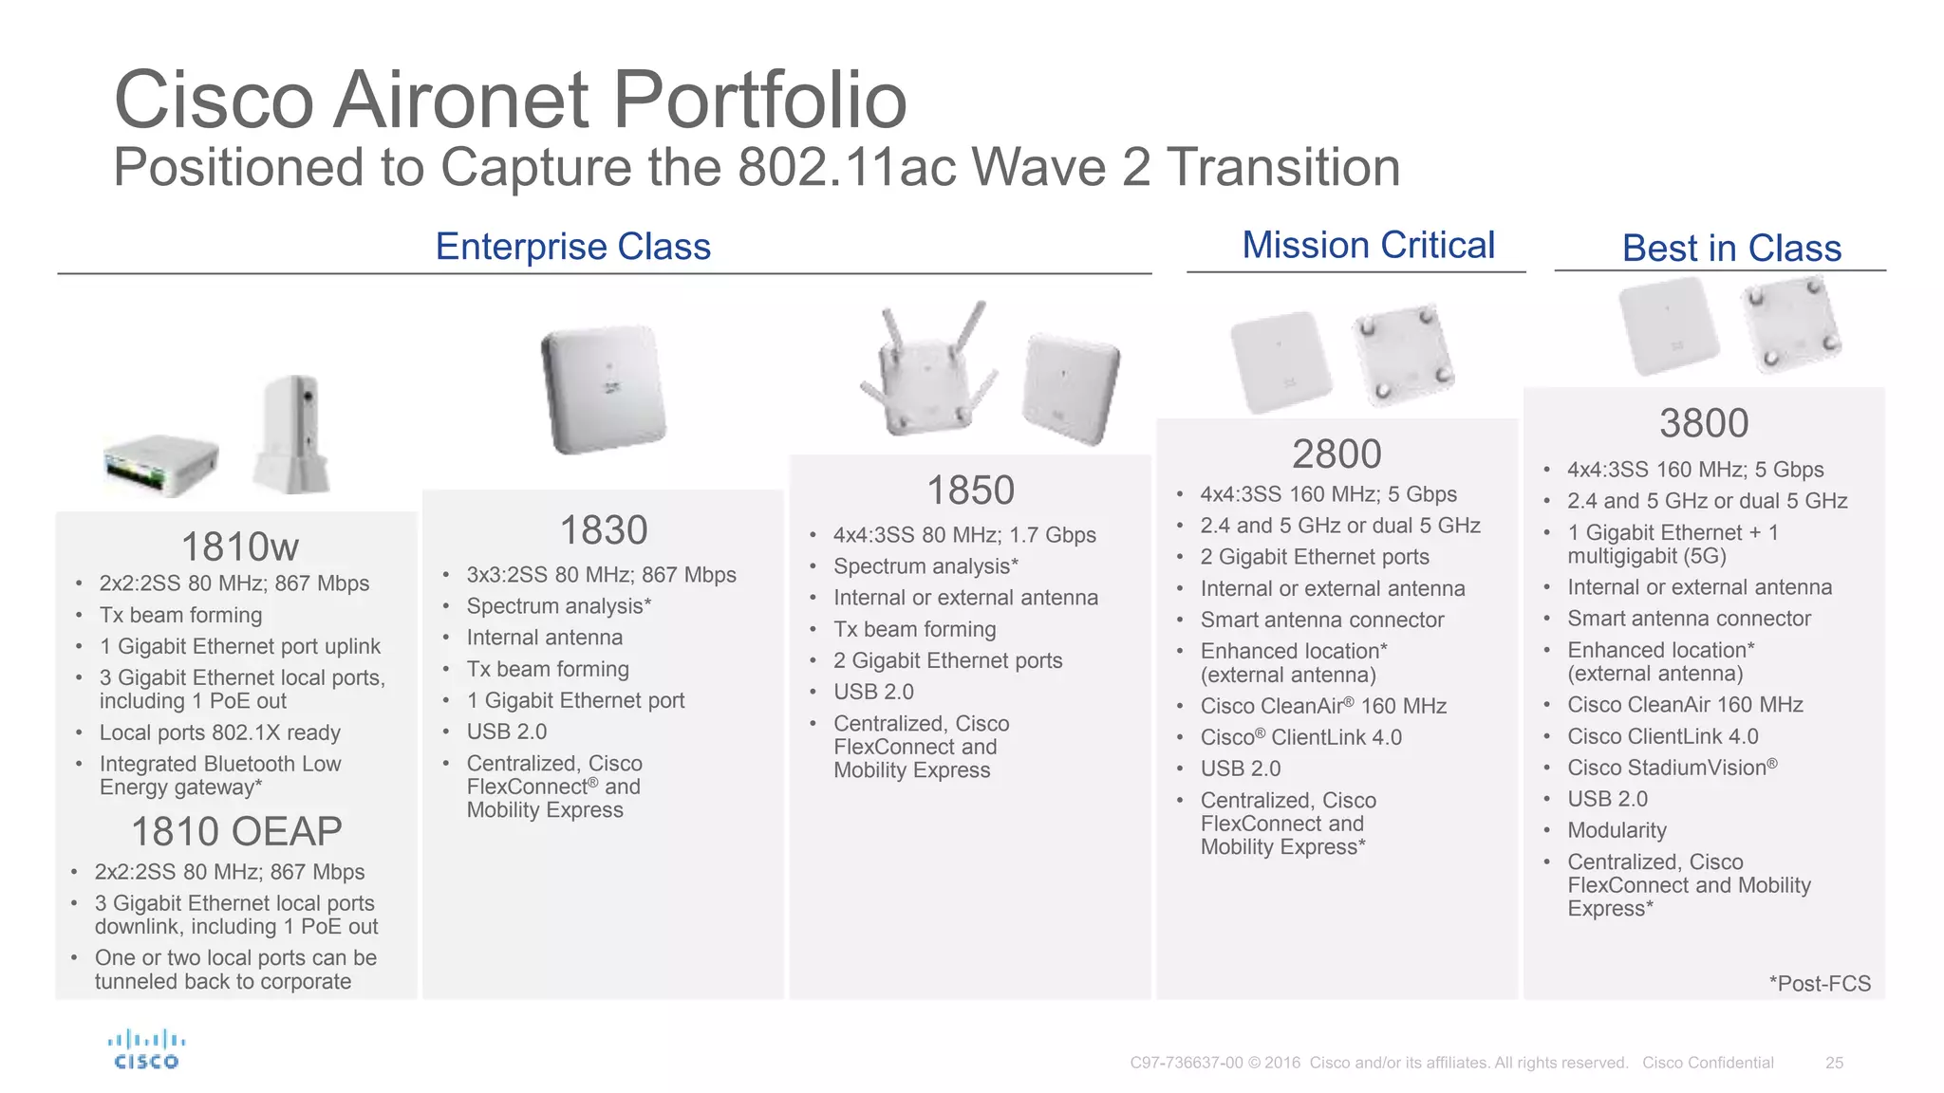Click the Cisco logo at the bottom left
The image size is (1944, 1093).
(x=146, y=1049)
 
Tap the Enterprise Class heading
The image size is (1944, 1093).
(x=572, y=247)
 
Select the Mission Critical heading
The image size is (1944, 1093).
(x=1368, y=245)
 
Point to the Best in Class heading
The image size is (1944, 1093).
(x=1731, y=249)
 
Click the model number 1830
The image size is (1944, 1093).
(x=604, y=530)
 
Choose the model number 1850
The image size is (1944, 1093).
(x=970, y=491)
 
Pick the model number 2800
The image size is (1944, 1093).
(x=1336, y=454)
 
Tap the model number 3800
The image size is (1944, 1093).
(x=1704, y=423)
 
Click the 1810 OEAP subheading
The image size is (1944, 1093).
(x=236, y=832)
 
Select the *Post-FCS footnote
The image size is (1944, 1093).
(x=1820, y=984)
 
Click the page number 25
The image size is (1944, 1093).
(x=1834, y=1063)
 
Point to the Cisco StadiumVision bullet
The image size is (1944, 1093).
(x=1672, y=768)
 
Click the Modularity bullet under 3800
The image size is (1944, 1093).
(x=1617, y=830)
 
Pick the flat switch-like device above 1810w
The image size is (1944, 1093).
(x=161, y=465)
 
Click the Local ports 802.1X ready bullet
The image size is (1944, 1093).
(x=219, y=732)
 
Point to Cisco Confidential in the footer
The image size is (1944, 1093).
(x=1708, y=1063)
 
